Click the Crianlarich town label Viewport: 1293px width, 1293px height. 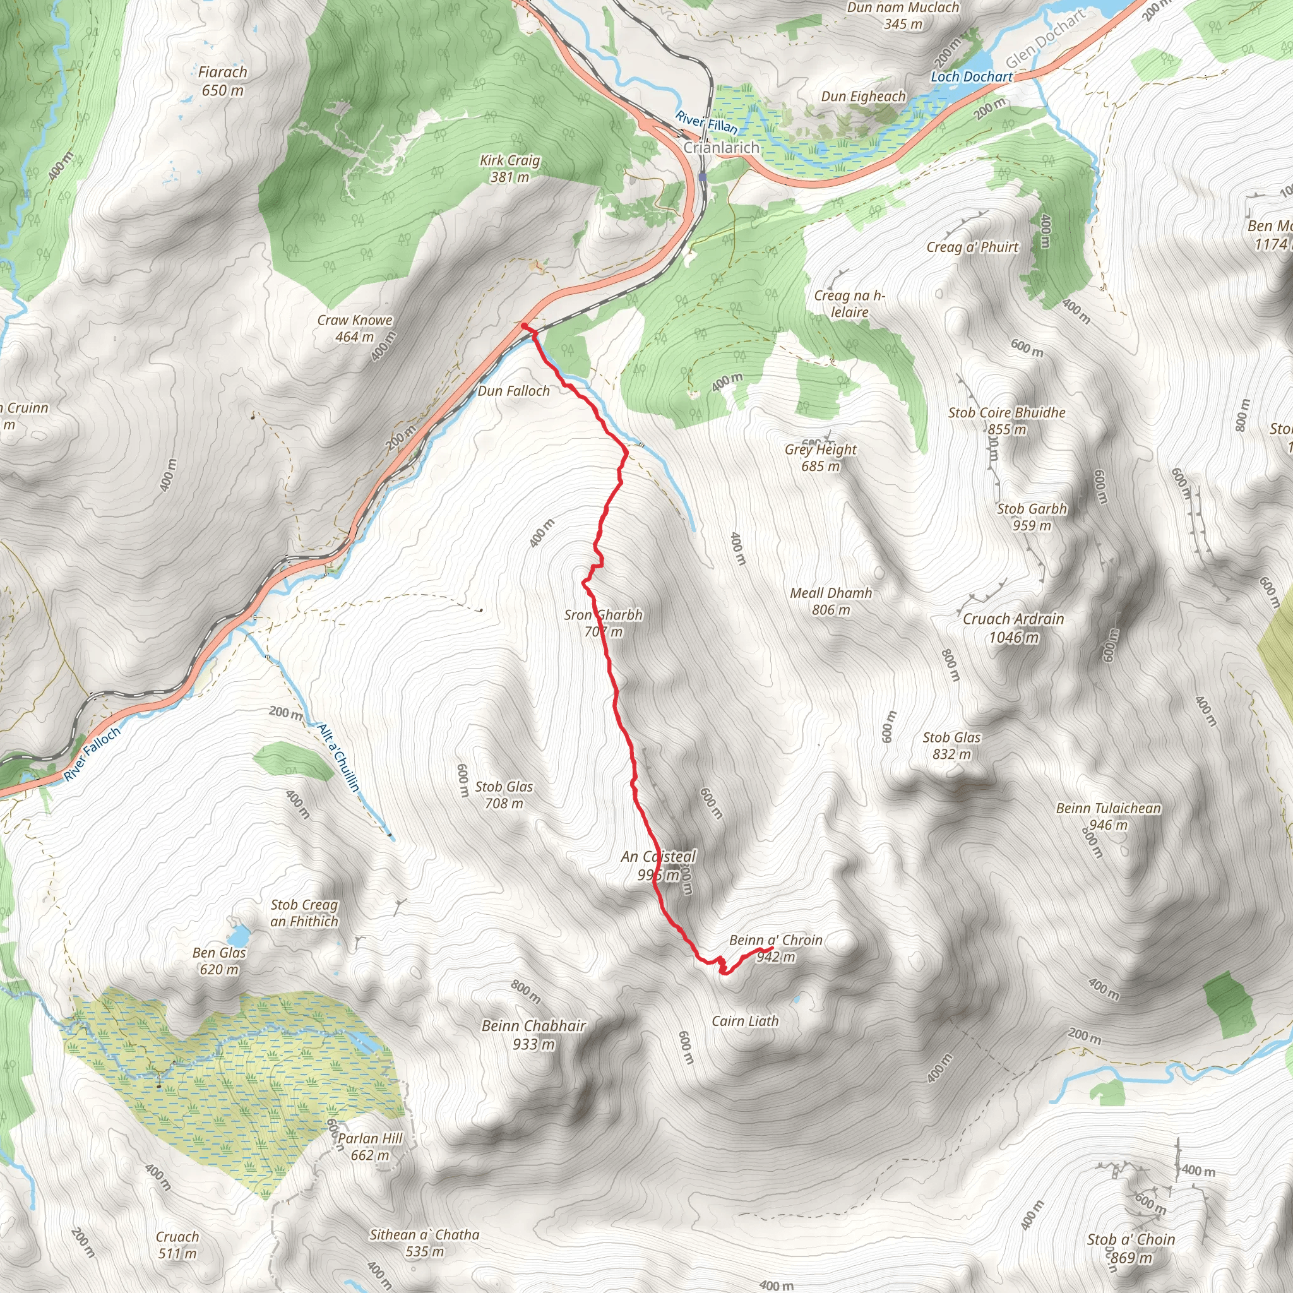pyautogui.click(x=721, y=148)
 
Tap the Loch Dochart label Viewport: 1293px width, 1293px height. pyautogui.click(x=972, y=77)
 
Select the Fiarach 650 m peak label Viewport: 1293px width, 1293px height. pyautogui.click(x=223, y=81)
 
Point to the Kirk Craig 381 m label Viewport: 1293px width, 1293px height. pyautogui.click(x=510, y=169)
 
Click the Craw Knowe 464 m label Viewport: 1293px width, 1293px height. pyautogui.click(x=355, y=328)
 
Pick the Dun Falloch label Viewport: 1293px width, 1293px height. pyautogui.click(x=513, y=391)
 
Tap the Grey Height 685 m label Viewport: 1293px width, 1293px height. pyautogui.click(x=821, y=458)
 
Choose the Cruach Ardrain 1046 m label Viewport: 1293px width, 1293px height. pyautogui.click(x=1013, y=628)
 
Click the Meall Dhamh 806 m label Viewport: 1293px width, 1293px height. pyautogui.click(x=831, y=601)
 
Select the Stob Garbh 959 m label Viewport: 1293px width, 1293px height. pyautogui.click(x=1032, y=516)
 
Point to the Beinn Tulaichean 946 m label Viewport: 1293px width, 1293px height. pyautogui.click(x=1108, y=816)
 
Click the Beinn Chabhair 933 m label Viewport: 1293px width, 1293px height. pyautogui.click(x=533, y=1035)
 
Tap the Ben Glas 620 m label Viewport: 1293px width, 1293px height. pyautogui.click(x=219, y=960)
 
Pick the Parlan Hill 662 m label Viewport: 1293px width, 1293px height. pyautogui.click(x=370, y=1147)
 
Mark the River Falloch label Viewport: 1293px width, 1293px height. pyautogui.click(x=92, y=753)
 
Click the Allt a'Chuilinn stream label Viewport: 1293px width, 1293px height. pyautogui.click(x=338, y=757)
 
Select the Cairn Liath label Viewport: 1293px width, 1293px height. pyautogui.click(x=745, y=1022)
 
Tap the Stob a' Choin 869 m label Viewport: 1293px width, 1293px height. pyautogui.click(x=1131, y=1248)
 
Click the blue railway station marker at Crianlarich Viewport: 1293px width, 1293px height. pyautogui.click(x=702, y=177)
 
